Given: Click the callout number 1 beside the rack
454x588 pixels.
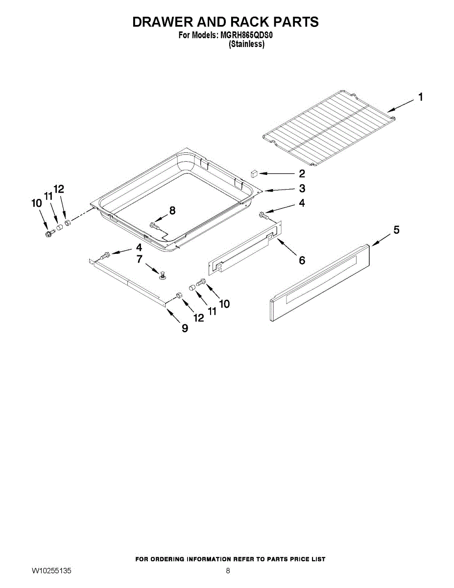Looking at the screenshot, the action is click(x=421, y=97).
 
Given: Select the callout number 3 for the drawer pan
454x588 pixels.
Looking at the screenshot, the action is click(x=302, y=188).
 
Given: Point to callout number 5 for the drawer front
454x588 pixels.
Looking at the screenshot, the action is click(x=396, y=230).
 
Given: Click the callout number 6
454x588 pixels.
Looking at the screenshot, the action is click(x=302, y=260).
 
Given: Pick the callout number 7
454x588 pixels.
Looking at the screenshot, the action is click(x=139, y=259).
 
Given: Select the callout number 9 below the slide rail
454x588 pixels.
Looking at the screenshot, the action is click(x=185, y=328).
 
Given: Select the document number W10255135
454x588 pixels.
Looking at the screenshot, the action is click(x=51, y=571).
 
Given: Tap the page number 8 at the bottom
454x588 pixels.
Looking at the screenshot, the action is click(x=228, y=571).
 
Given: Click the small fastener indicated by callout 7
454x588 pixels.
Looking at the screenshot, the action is click(x=163, y=275).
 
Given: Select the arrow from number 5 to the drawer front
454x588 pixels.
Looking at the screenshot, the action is click(x=381, y=239).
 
